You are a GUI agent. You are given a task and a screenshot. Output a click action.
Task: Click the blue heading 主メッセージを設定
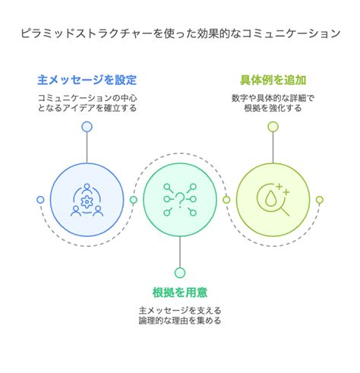coord(87,80)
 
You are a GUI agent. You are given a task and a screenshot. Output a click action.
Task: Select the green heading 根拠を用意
coord(180,292)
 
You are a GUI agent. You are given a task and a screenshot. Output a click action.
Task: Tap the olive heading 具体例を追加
coord(273,80)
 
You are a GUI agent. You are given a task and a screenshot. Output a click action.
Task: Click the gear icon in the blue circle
coord(87,202)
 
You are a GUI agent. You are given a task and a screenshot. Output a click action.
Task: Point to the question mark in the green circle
coord(180,200)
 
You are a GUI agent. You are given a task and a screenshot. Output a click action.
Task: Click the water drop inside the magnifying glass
coord(270,198)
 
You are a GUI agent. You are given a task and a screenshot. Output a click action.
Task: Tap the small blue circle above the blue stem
coord(87,127)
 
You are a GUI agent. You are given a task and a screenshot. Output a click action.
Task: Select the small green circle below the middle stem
coord(180,273)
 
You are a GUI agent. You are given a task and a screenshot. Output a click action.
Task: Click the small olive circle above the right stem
coord(273,127)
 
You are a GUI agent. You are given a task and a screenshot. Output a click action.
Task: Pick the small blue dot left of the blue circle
coord(40,200)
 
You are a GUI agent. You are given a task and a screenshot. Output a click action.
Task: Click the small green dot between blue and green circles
coord(134,200)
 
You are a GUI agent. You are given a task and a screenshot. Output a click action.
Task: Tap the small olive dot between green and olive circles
coord(226,200)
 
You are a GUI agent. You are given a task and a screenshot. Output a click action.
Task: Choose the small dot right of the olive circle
coord(320,200)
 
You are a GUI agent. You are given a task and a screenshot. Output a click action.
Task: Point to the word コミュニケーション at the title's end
coord(291,33)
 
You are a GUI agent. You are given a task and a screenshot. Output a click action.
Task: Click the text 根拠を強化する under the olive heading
coord(273,108)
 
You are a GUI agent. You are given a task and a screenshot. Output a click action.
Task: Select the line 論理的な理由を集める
coord(180,321)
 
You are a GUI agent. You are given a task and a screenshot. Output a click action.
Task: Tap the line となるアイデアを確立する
coord(87,108)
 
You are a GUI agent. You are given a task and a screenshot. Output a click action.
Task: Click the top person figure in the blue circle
coord(87,188)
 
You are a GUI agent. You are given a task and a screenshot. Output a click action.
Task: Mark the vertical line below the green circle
coord(180,252)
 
